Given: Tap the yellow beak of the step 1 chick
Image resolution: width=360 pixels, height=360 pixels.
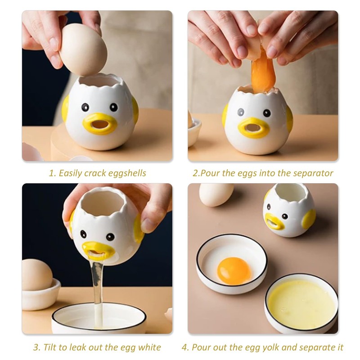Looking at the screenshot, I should [99, 124].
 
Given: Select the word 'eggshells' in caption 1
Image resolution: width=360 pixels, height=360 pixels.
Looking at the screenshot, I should [127, 173].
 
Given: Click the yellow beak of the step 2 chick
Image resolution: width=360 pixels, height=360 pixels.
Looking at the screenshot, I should [253, 128].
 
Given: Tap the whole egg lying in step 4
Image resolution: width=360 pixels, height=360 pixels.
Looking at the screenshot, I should [216, 194].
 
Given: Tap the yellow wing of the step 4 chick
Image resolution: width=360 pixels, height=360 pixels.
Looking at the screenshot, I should [309, 219].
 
